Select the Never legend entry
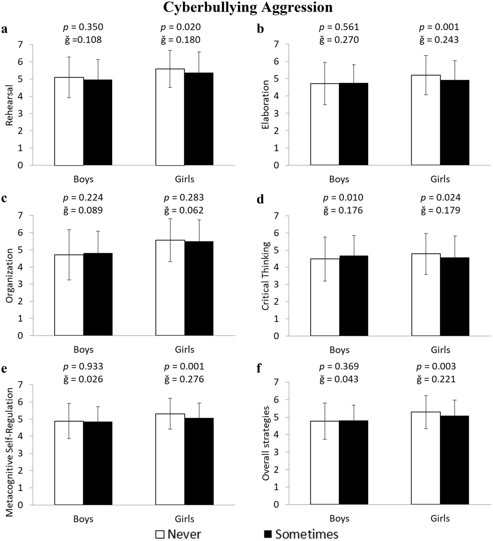[178, 534]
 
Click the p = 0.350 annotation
[83, 27]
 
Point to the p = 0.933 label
[83, 366]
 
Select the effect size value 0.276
[191, 379]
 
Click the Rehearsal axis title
[9, 105]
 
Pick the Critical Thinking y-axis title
[265, 276]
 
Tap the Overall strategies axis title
[265, 443]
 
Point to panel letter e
[4, 368]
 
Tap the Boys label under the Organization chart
[83, 350]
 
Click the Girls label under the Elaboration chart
[440, 179]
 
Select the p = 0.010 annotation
[343, 198]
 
